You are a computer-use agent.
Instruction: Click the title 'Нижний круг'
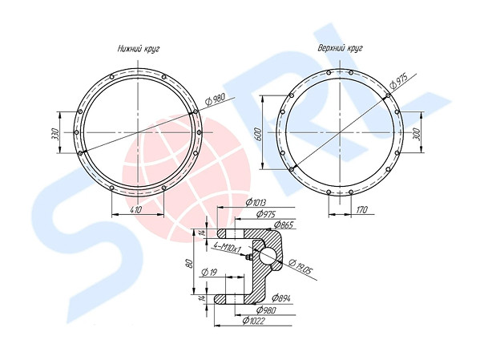139,48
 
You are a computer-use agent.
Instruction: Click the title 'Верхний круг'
340,48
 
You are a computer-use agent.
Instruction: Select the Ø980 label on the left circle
215,99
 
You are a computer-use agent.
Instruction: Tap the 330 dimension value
54,134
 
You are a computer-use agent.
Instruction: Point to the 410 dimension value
136,210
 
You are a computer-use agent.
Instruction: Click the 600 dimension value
258,134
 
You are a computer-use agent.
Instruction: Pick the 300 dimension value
417,133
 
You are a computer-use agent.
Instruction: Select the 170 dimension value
361,210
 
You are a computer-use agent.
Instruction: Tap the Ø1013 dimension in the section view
256,203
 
